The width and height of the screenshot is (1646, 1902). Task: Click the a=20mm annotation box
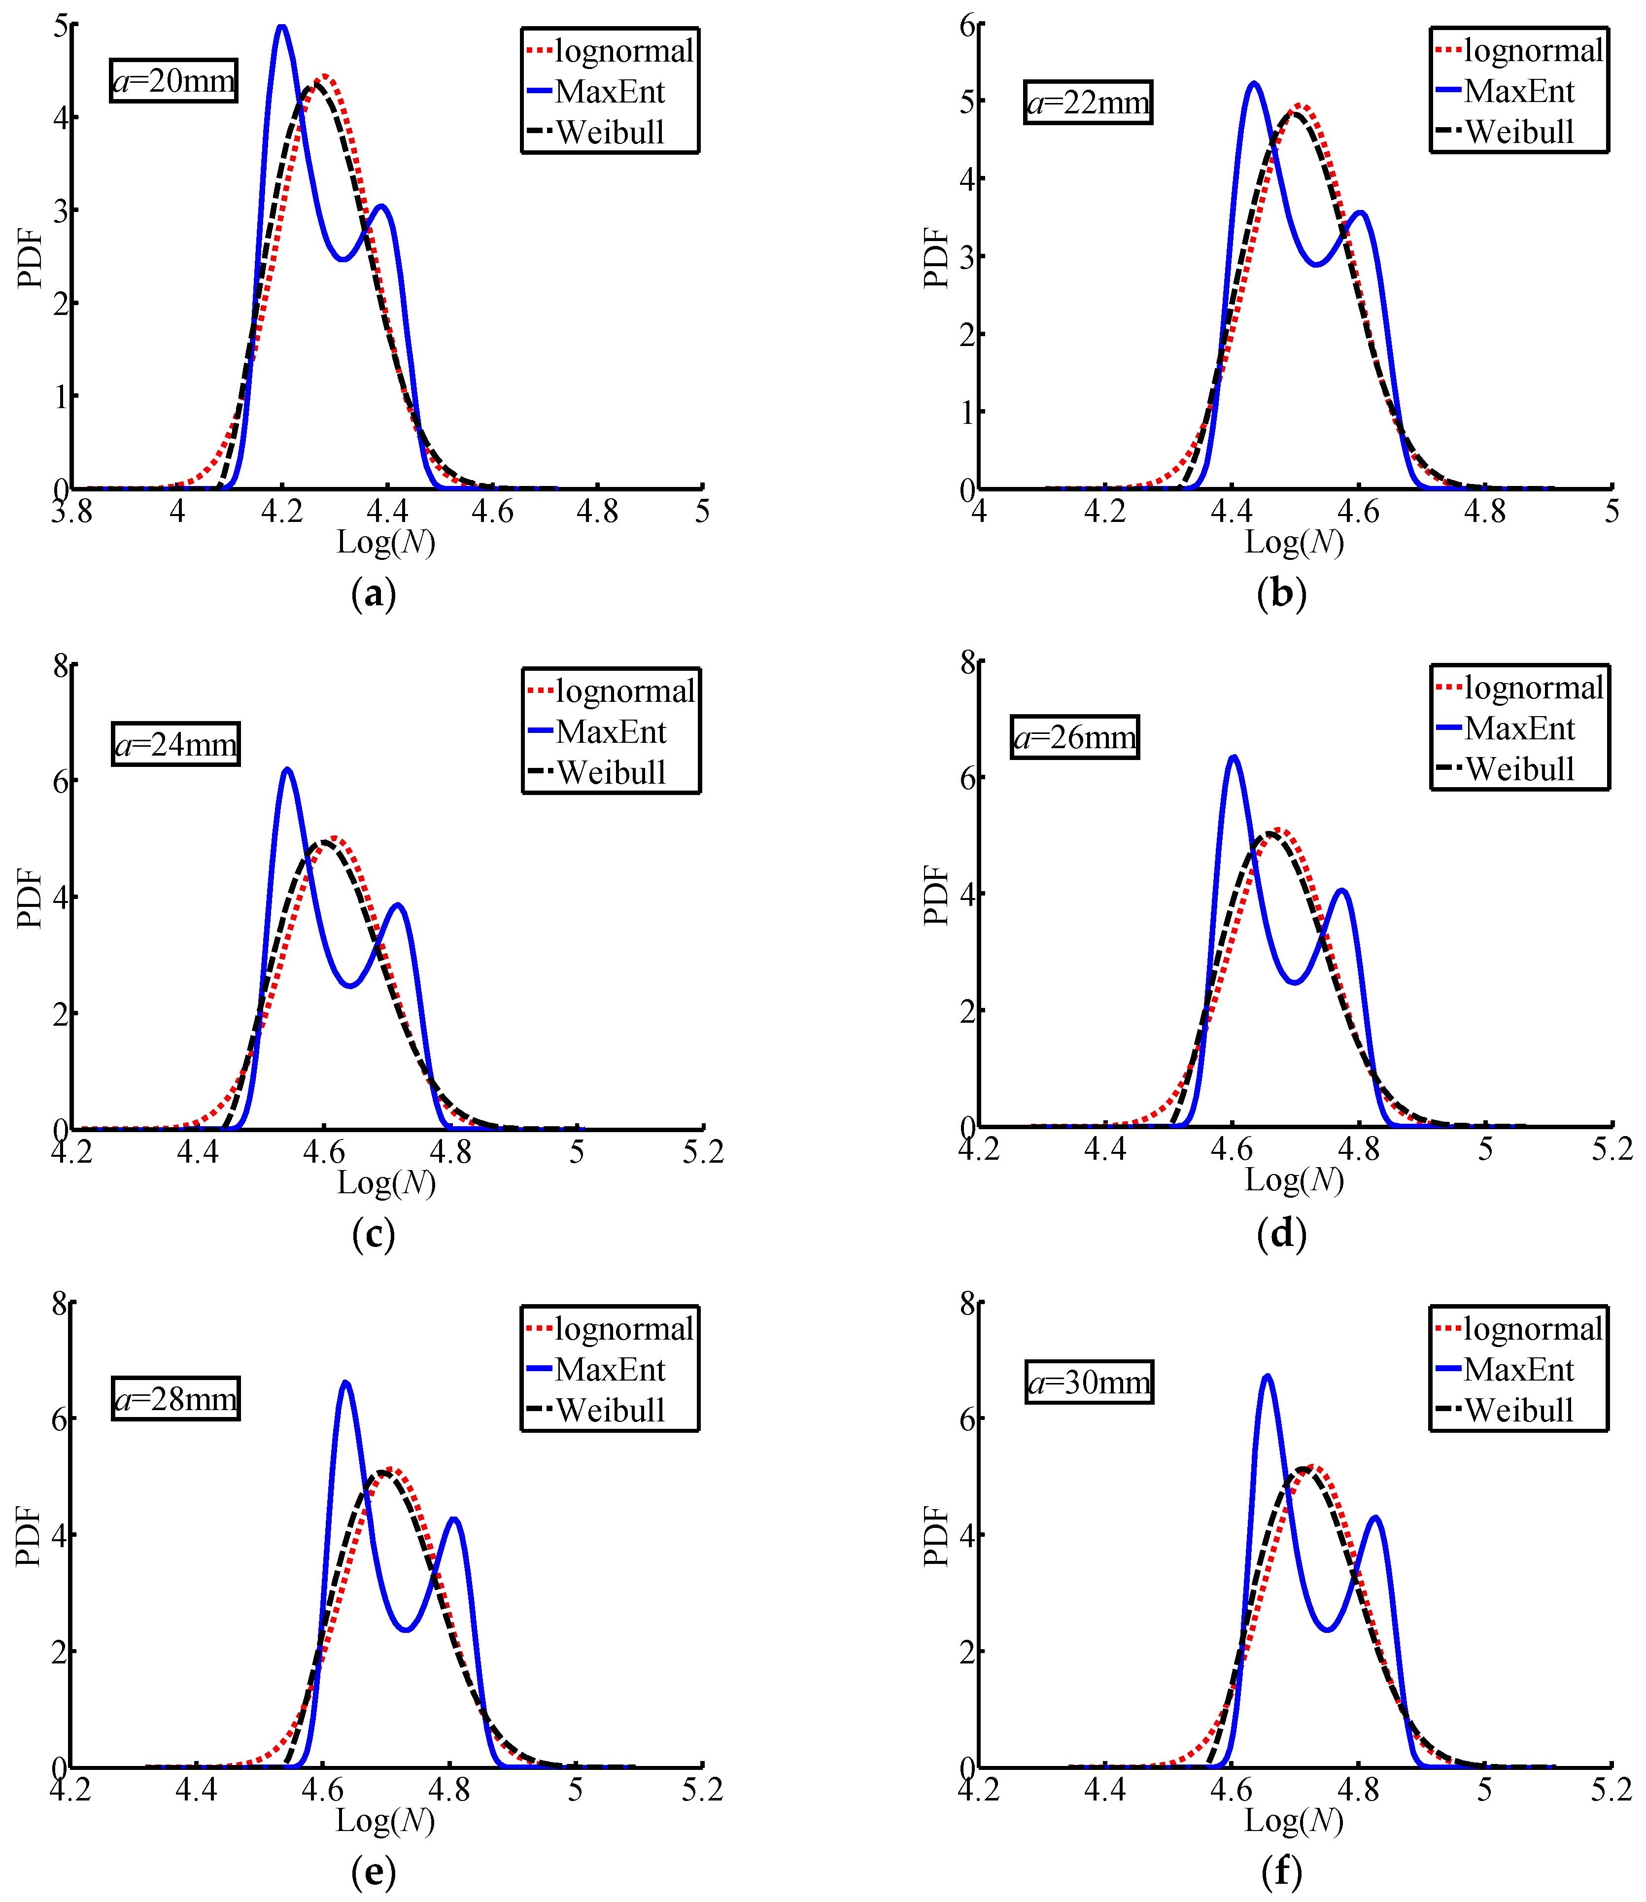(x=173, y=81)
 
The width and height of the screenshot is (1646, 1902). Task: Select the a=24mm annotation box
(x=175, y=744)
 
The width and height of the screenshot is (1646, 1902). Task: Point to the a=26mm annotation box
(x=1075, y=737)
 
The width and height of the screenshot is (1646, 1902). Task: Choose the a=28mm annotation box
(x=175, y=1399)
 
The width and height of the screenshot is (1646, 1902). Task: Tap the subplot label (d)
(x=1281, y=1233)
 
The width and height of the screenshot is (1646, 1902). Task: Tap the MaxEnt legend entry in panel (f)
(x=1518, y=1369)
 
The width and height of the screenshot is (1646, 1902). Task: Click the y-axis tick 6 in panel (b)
(x=967, y=26)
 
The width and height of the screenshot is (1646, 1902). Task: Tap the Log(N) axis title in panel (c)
(x=386, y=1183)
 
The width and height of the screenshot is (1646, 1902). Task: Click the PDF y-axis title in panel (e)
(x=30, y=1536)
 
